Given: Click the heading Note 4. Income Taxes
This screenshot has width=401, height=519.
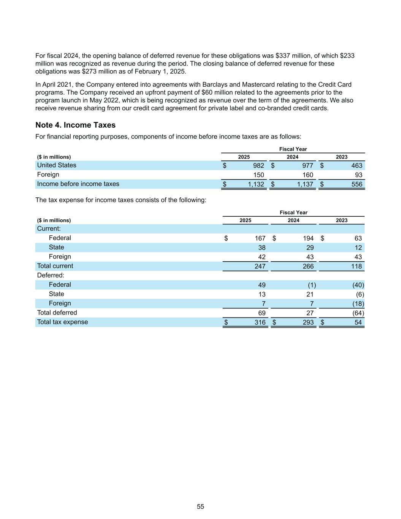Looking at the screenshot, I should coord(75,125).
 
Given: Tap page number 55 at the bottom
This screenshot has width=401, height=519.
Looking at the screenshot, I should coord(200,506).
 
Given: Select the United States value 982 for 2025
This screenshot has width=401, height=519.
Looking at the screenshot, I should coord(258,165).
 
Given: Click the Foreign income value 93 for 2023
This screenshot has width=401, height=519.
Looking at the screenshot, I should coord(358,175).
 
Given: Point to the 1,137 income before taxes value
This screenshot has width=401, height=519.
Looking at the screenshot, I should coord(305,184).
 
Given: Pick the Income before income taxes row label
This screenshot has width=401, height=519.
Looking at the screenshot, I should coord(78,184).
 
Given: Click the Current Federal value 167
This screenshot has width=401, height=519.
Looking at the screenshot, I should coord(260,238).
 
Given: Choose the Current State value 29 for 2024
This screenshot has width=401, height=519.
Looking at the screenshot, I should coord(310,248).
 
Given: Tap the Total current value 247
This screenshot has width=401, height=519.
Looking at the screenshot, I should coord(260,266).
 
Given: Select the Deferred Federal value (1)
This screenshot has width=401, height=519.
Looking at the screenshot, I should coord(311,285).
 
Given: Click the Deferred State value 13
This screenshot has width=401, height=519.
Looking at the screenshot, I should coord(262,294).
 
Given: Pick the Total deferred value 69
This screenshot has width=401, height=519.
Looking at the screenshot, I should coord(262,313).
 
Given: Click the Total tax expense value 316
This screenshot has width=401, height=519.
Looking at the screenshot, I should coord(260,322).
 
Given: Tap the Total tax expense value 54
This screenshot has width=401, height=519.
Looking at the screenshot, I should coord(358,322).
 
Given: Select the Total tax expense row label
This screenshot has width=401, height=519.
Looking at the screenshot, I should coord(62,322).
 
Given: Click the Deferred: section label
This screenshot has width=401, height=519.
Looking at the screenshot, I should coord(51,275).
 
